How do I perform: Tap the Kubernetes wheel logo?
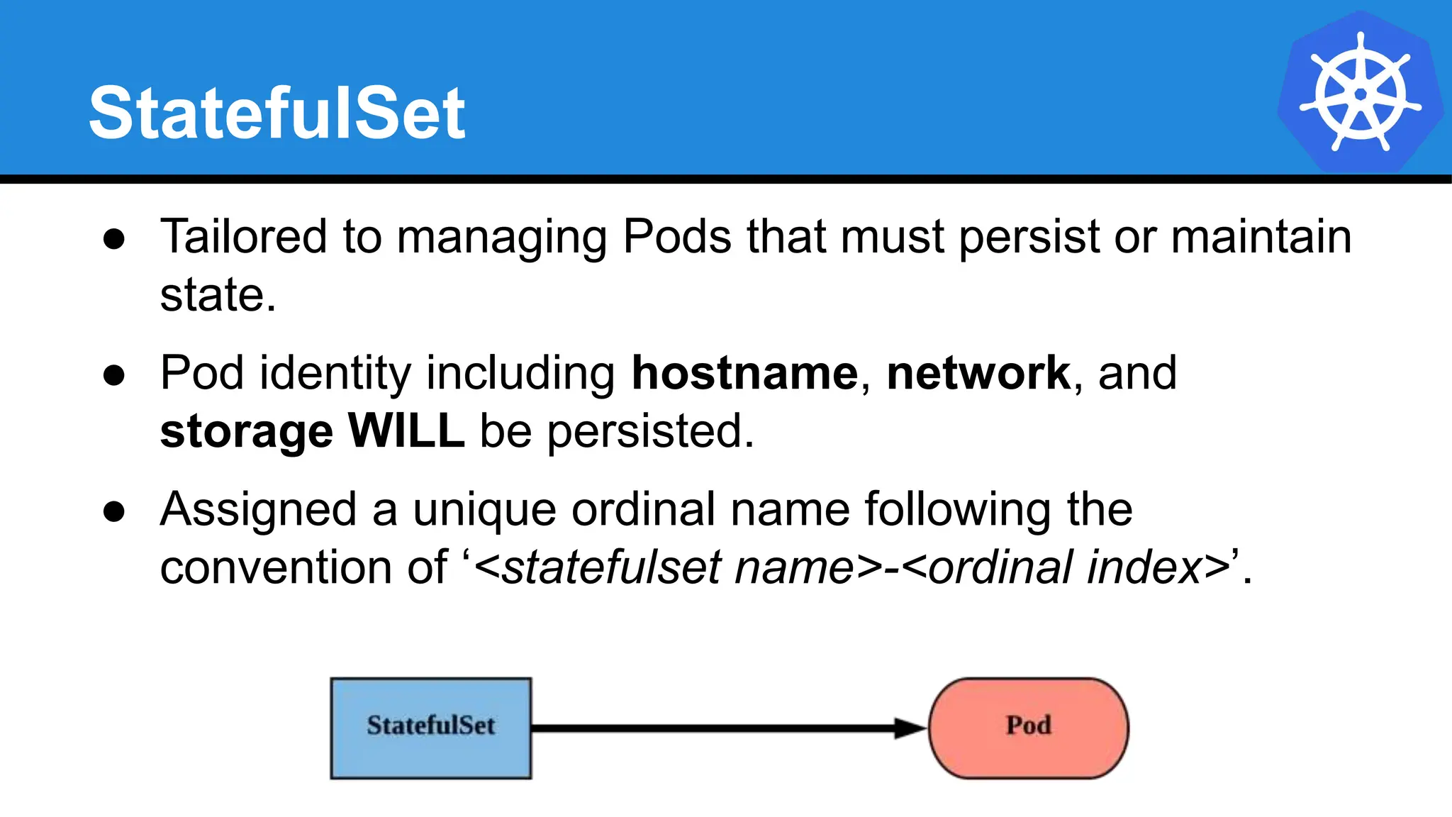(x=1360, y=93)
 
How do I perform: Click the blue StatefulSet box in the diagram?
(x=431, y=728)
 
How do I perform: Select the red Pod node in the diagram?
(x=1028, y=728)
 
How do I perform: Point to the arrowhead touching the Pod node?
(x=910, y=728)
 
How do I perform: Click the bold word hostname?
(x=744, y=373)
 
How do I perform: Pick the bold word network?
(x=978, y=373)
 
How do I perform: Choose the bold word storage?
(x=246, y=431)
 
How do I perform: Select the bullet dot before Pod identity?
(x=114, y=375)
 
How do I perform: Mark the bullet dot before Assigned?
(x=114, y=511)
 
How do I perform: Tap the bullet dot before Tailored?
(x=114, y=239)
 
